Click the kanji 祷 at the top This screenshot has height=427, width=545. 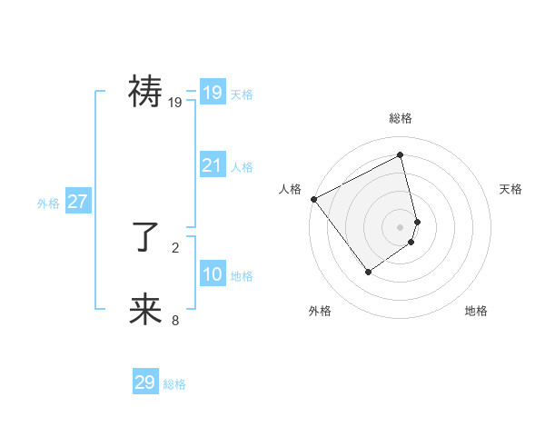pos(145,92)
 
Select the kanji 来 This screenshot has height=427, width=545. pos(145,309)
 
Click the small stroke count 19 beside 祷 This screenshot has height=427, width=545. pos(175,103)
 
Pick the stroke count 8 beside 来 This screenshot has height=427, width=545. pos(175,320)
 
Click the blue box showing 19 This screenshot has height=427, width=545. pos(212,92)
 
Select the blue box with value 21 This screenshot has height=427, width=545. pos(212,165)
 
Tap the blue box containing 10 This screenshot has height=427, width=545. pos(212,274)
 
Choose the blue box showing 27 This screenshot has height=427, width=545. pos(77,202)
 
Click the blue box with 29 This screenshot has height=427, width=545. pos(144,382)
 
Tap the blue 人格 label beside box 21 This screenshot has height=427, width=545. pos(242,167)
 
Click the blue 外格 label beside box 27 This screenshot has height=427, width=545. pos(48,204)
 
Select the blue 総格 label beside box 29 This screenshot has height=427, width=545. pos(174,384)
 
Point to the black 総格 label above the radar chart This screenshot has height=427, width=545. pos(401,118)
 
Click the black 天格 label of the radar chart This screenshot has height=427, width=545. pos(511,189)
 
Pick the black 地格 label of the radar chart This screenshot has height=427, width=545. pos(476,311)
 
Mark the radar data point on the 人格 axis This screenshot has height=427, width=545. pos(313,199)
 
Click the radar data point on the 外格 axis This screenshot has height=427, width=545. pos(368,271)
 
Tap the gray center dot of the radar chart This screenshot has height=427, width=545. pos(401,226)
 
